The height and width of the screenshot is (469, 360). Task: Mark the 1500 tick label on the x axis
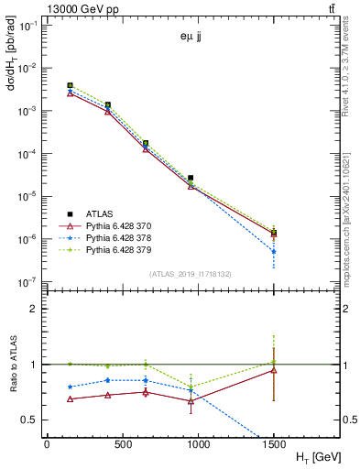click(274, 442)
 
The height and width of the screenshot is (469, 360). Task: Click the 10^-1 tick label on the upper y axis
click(28, 26)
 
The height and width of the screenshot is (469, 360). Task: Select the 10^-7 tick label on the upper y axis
click(28, 282)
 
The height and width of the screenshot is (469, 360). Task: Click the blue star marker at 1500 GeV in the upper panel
click(274, 251)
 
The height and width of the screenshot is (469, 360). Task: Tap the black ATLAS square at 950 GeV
click(191, 178)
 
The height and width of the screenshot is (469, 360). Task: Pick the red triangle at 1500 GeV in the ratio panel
click(274, 370)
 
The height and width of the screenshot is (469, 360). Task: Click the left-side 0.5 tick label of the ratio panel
click(30, 420)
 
